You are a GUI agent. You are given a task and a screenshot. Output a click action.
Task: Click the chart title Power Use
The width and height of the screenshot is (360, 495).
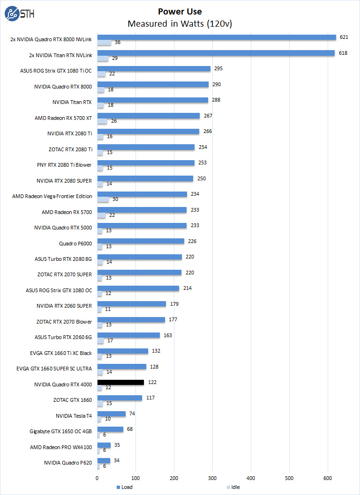click(x=180, y=12)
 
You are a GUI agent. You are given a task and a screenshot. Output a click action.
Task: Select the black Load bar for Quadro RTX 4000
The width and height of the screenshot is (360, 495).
click(x=120, y=382)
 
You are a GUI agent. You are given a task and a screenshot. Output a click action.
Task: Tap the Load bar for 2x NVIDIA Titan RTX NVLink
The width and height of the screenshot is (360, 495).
click(x=216, y=53)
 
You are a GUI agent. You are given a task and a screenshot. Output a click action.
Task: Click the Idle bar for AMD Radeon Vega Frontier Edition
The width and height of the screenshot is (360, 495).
click(x=103, y=199)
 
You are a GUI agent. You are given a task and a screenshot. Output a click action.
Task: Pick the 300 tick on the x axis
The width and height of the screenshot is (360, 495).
click(x=212, y=478)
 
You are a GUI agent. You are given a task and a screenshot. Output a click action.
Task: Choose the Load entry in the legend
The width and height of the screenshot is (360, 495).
click(x=124, y=487)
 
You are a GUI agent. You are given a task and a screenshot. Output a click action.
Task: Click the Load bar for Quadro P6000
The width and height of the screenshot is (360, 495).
click(x=141, y=241)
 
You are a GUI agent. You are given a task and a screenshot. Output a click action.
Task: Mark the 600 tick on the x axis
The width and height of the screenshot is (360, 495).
click(x=328, y=478)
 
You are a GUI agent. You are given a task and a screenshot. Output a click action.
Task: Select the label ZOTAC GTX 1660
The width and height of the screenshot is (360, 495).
click(x=73, y=400)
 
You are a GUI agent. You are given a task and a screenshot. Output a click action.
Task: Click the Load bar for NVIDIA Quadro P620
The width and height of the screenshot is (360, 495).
click(x=104, y=461)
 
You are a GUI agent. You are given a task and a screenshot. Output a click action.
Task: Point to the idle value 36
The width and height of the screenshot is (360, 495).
click(x=118, y=43)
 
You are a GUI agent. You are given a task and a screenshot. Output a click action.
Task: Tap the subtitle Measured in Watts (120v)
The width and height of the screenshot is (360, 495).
click(x=180, y=23)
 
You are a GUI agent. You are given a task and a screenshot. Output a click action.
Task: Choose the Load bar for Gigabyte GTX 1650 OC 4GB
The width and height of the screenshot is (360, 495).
click(x=110, y=429)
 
